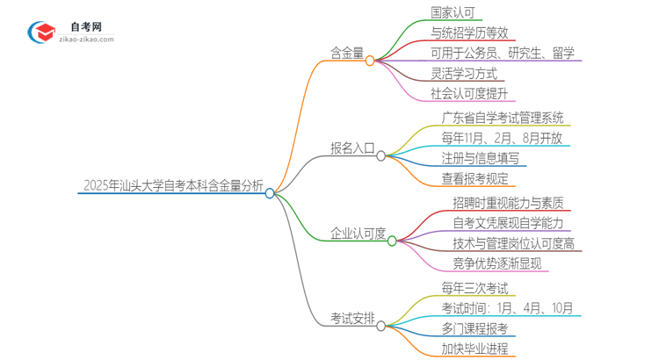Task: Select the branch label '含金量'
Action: tap(346, 54)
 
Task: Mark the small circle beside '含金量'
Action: tap(370, 61)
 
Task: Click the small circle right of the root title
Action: tap(270, 193)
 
